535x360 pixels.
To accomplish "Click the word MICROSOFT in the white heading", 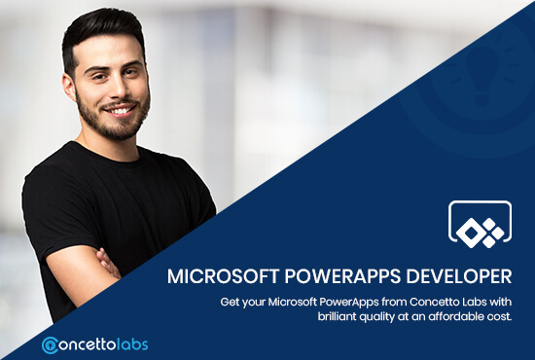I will click(x=217, y=276).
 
